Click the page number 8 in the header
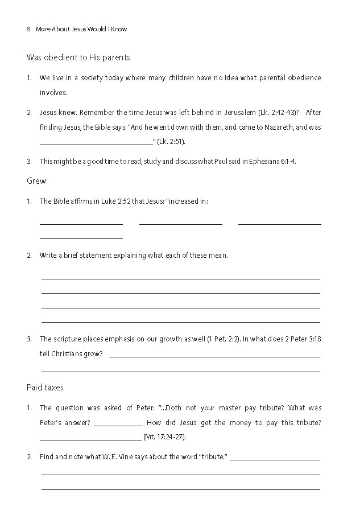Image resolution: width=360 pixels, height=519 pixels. (x=28, y=29)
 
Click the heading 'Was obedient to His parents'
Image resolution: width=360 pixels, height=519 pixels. (x=78, y=57)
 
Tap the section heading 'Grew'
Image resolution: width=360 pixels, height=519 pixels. (x=36, y=181)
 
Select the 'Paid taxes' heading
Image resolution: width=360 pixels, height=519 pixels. (x=45, y=387)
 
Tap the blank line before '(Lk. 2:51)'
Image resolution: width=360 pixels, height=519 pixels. (x=96, y=142)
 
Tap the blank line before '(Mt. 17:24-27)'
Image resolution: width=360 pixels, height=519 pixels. (x=90, y=437)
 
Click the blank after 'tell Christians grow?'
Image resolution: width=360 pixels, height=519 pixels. (x=214, y=355)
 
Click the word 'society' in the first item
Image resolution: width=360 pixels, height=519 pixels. (x=92, y=77)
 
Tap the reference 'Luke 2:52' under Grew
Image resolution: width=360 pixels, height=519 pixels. (x=121, y=201)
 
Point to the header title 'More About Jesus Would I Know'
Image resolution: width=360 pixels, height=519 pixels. (x=81, y=29)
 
